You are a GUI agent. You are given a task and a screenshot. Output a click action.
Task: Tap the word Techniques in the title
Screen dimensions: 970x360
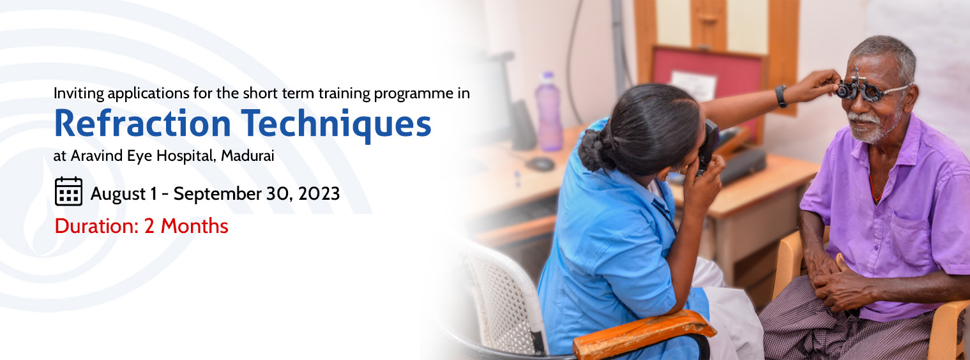(x=336, y=126)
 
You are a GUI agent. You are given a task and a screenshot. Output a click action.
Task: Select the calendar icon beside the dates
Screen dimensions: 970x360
(x=68, y=191)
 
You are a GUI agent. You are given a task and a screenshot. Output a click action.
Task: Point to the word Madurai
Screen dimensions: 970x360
(x=248, y=156)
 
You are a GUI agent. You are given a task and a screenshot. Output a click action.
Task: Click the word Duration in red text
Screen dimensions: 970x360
(x=96, y=227)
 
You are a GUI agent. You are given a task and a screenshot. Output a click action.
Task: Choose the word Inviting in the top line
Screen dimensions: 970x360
(x=79, y=94)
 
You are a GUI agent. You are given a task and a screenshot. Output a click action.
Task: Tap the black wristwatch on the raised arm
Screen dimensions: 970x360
(x=781, y=96)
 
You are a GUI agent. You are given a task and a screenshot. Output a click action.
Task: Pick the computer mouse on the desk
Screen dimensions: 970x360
(x=540, y=164)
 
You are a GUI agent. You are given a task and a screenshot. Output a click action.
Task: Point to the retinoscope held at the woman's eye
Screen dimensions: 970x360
(x=708, y=147)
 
